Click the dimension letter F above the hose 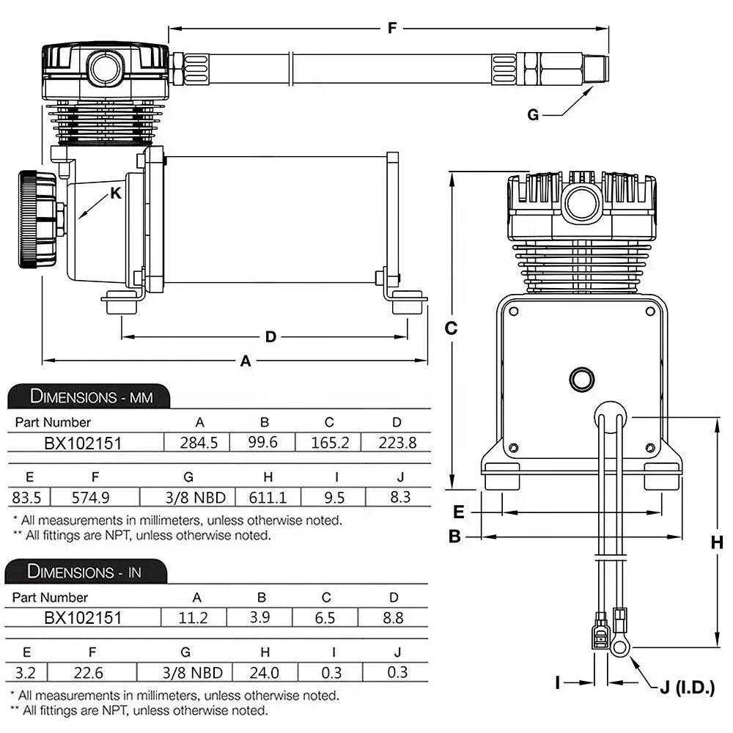[x=392, y=29]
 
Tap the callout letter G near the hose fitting [x=533, y=114]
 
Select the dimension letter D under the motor [x=270, y=337]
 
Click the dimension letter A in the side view [x=246, y=361]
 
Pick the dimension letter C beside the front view [x=452, y=328]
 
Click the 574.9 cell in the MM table [x=91, y=498]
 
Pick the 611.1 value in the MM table [x=268, y=498]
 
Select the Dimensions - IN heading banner [x=85, y=572]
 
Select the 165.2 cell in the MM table [x=329, y=443]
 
